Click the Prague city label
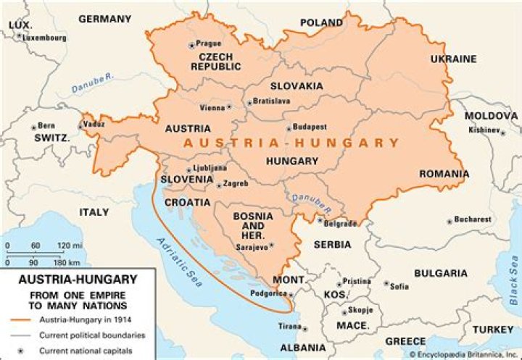pos(209,43)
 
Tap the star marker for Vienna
pos(230,108)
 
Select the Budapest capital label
pos(310,126)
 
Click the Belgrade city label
pos(341,224)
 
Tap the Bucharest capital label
pos(472,219)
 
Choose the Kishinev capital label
pos(484,130)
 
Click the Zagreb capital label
pos(235,185)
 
